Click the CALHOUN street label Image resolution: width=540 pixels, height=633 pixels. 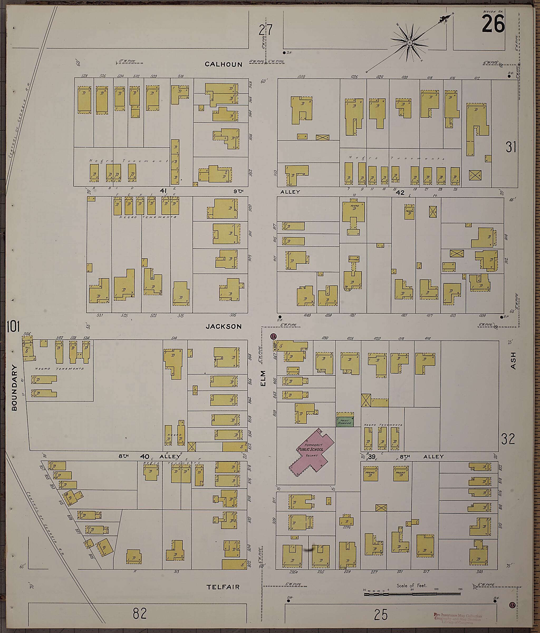(x=223, y=64)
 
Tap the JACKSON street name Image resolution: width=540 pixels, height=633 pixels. (x=223, y=326)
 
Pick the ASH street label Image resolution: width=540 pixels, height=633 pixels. (x=513, y=361)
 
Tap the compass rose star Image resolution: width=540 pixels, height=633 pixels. (x=409, y=43)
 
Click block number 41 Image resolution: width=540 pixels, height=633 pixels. (x=163, y=191)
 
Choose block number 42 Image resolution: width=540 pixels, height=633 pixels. (x=400, y=192)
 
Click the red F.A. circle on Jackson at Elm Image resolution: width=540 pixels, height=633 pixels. (x=273, y=336)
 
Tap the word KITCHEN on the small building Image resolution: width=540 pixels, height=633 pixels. (x=354, y=259)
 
